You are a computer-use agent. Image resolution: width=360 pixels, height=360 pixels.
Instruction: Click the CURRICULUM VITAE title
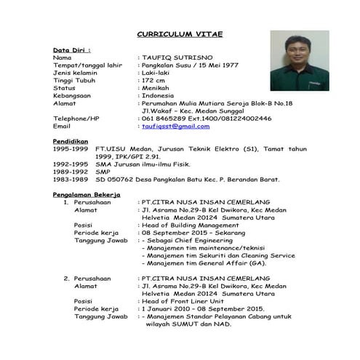click(x=180, y=34)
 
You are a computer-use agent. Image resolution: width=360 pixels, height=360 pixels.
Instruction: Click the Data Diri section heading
click(x=71, y=49)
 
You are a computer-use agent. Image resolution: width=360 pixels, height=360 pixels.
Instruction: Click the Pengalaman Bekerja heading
click(x=87, y=195)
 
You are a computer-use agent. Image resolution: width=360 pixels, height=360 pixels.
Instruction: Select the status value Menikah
click(x=157, y=87)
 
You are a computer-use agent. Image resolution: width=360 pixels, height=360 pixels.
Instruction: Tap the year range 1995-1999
click(x=71, y=148)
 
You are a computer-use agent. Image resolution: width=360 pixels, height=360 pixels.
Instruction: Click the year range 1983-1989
click(x=71, y=178)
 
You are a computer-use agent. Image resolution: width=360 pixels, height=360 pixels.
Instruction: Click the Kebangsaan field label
click(x=73, y=95)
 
